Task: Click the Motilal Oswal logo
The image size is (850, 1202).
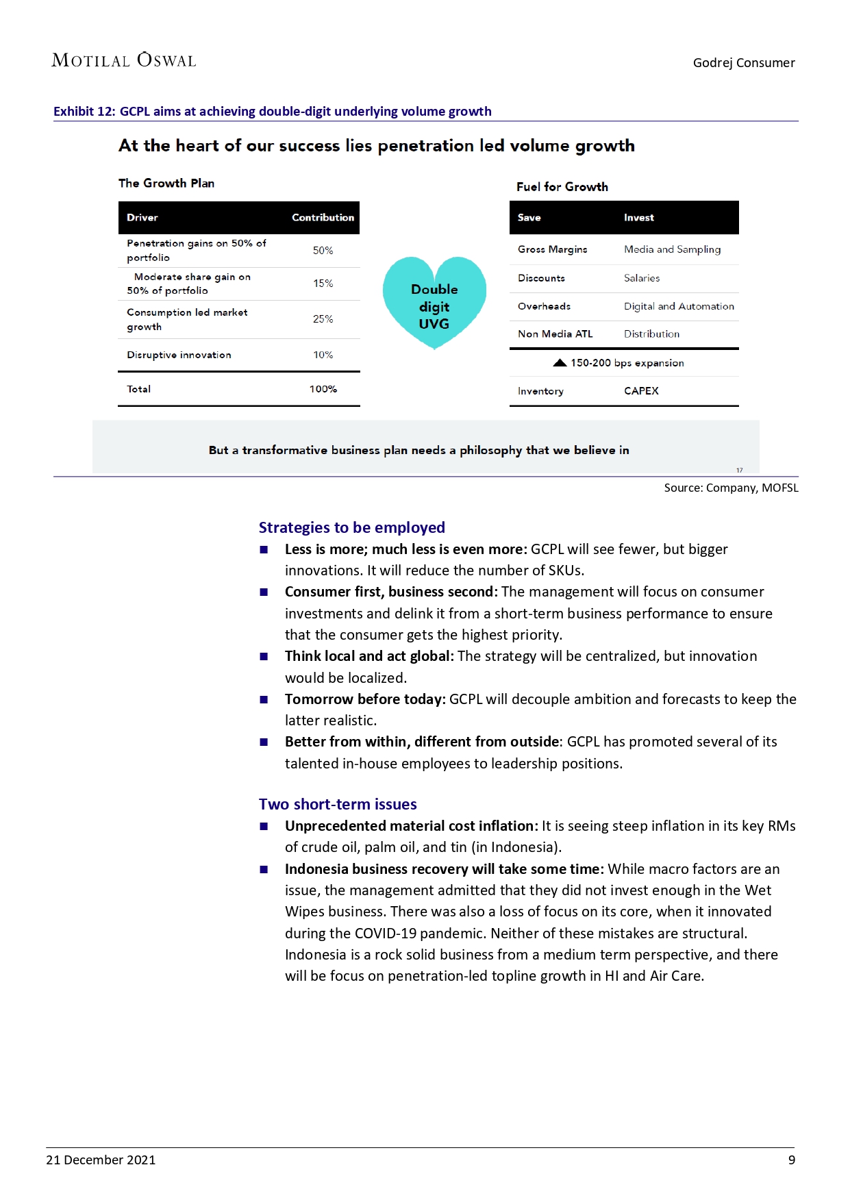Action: (124, 60)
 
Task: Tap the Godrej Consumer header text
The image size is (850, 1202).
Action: (744, 63)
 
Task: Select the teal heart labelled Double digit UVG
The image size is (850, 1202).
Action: (434, 302)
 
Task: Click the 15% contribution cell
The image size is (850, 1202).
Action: (323, 284)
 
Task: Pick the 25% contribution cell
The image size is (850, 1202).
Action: (323, 319)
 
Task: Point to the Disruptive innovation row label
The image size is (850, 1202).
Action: (179, 355)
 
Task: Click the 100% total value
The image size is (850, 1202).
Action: (323, 389)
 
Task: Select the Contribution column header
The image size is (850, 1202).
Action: (323, 218)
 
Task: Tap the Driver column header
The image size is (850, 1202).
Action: (142, 218)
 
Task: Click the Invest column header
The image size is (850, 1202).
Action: (638, 218)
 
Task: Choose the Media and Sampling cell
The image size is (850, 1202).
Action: (672, 249)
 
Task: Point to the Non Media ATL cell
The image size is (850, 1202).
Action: (555, 334)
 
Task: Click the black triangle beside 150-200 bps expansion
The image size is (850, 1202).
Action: (560, 363)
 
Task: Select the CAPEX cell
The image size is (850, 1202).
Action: (641, 391)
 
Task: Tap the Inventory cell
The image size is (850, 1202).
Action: (540, 391)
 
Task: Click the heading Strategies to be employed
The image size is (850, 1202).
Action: (351, 527)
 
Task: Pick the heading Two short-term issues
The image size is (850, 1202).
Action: (338, 804)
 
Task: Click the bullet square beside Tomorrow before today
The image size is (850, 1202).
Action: (264, 699)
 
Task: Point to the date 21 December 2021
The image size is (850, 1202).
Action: (101, 1160)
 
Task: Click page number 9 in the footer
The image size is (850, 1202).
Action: (792, 1160)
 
